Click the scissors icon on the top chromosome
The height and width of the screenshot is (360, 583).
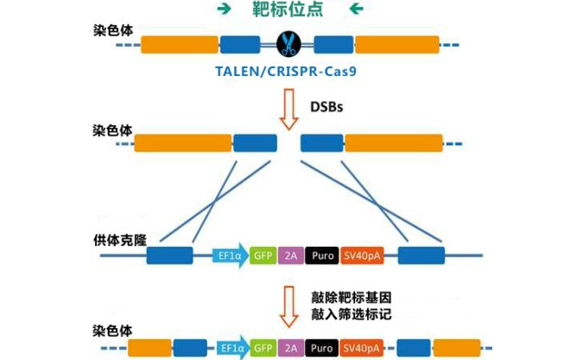287,43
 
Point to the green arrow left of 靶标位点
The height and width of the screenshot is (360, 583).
225,10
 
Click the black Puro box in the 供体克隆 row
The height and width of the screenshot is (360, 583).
320,255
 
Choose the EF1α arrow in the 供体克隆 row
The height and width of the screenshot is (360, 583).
230,255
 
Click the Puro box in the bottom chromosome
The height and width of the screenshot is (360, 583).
320,349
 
